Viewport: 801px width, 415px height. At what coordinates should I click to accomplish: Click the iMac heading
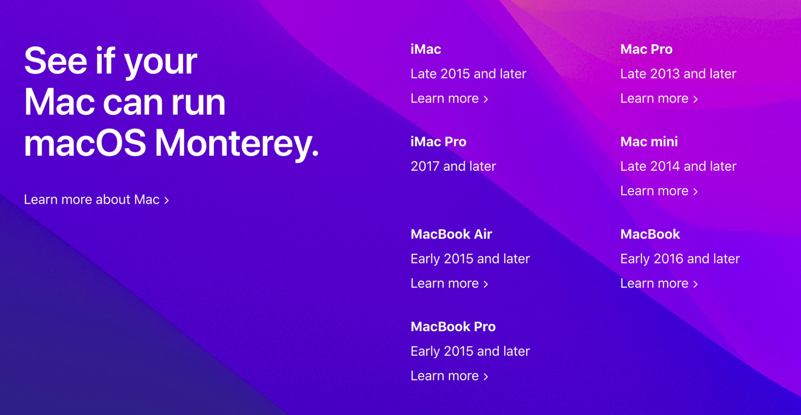pos(426,49)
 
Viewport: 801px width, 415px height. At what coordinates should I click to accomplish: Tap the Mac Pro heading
pos(646,49)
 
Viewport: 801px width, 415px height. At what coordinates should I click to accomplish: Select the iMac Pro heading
pos(439,142)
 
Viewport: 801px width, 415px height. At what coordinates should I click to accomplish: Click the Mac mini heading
pos(649,142)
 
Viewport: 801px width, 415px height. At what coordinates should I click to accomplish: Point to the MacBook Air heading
pos(451,234)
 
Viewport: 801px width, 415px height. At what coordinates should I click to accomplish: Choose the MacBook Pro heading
pos(453,327)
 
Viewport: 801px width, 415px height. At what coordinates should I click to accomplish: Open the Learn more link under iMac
pos(449,99)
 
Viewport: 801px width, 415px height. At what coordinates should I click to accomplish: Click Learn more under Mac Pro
pos(659,99)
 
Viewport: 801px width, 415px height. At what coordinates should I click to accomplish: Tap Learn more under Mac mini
pos(659,191)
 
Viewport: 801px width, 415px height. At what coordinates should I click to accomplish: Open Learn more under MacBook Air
pos(449,283)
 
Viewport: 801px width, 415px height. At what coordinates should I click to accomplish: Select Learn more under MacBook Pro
pos(449,376)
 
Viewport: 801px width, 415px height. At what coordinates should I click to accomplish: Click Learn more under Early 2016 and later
pos(659,283)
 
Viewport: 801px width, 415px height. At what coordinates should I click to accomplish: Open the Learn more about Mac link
pos(97,200)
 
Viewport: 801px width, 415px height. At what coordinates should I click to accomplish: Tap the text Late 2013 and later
pos(678,74)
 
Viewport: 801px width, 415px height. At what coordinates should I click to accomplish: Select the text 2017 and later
pos(453,166)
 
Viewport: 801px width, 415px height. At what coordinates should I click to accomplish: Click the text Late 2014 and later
pos(678,166)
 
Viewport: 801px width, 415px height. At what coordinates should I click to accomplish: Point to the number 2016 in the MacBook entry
pos(668,259)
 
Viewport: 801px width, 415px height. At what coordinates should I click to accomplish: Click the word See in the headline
pos(56,61)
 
